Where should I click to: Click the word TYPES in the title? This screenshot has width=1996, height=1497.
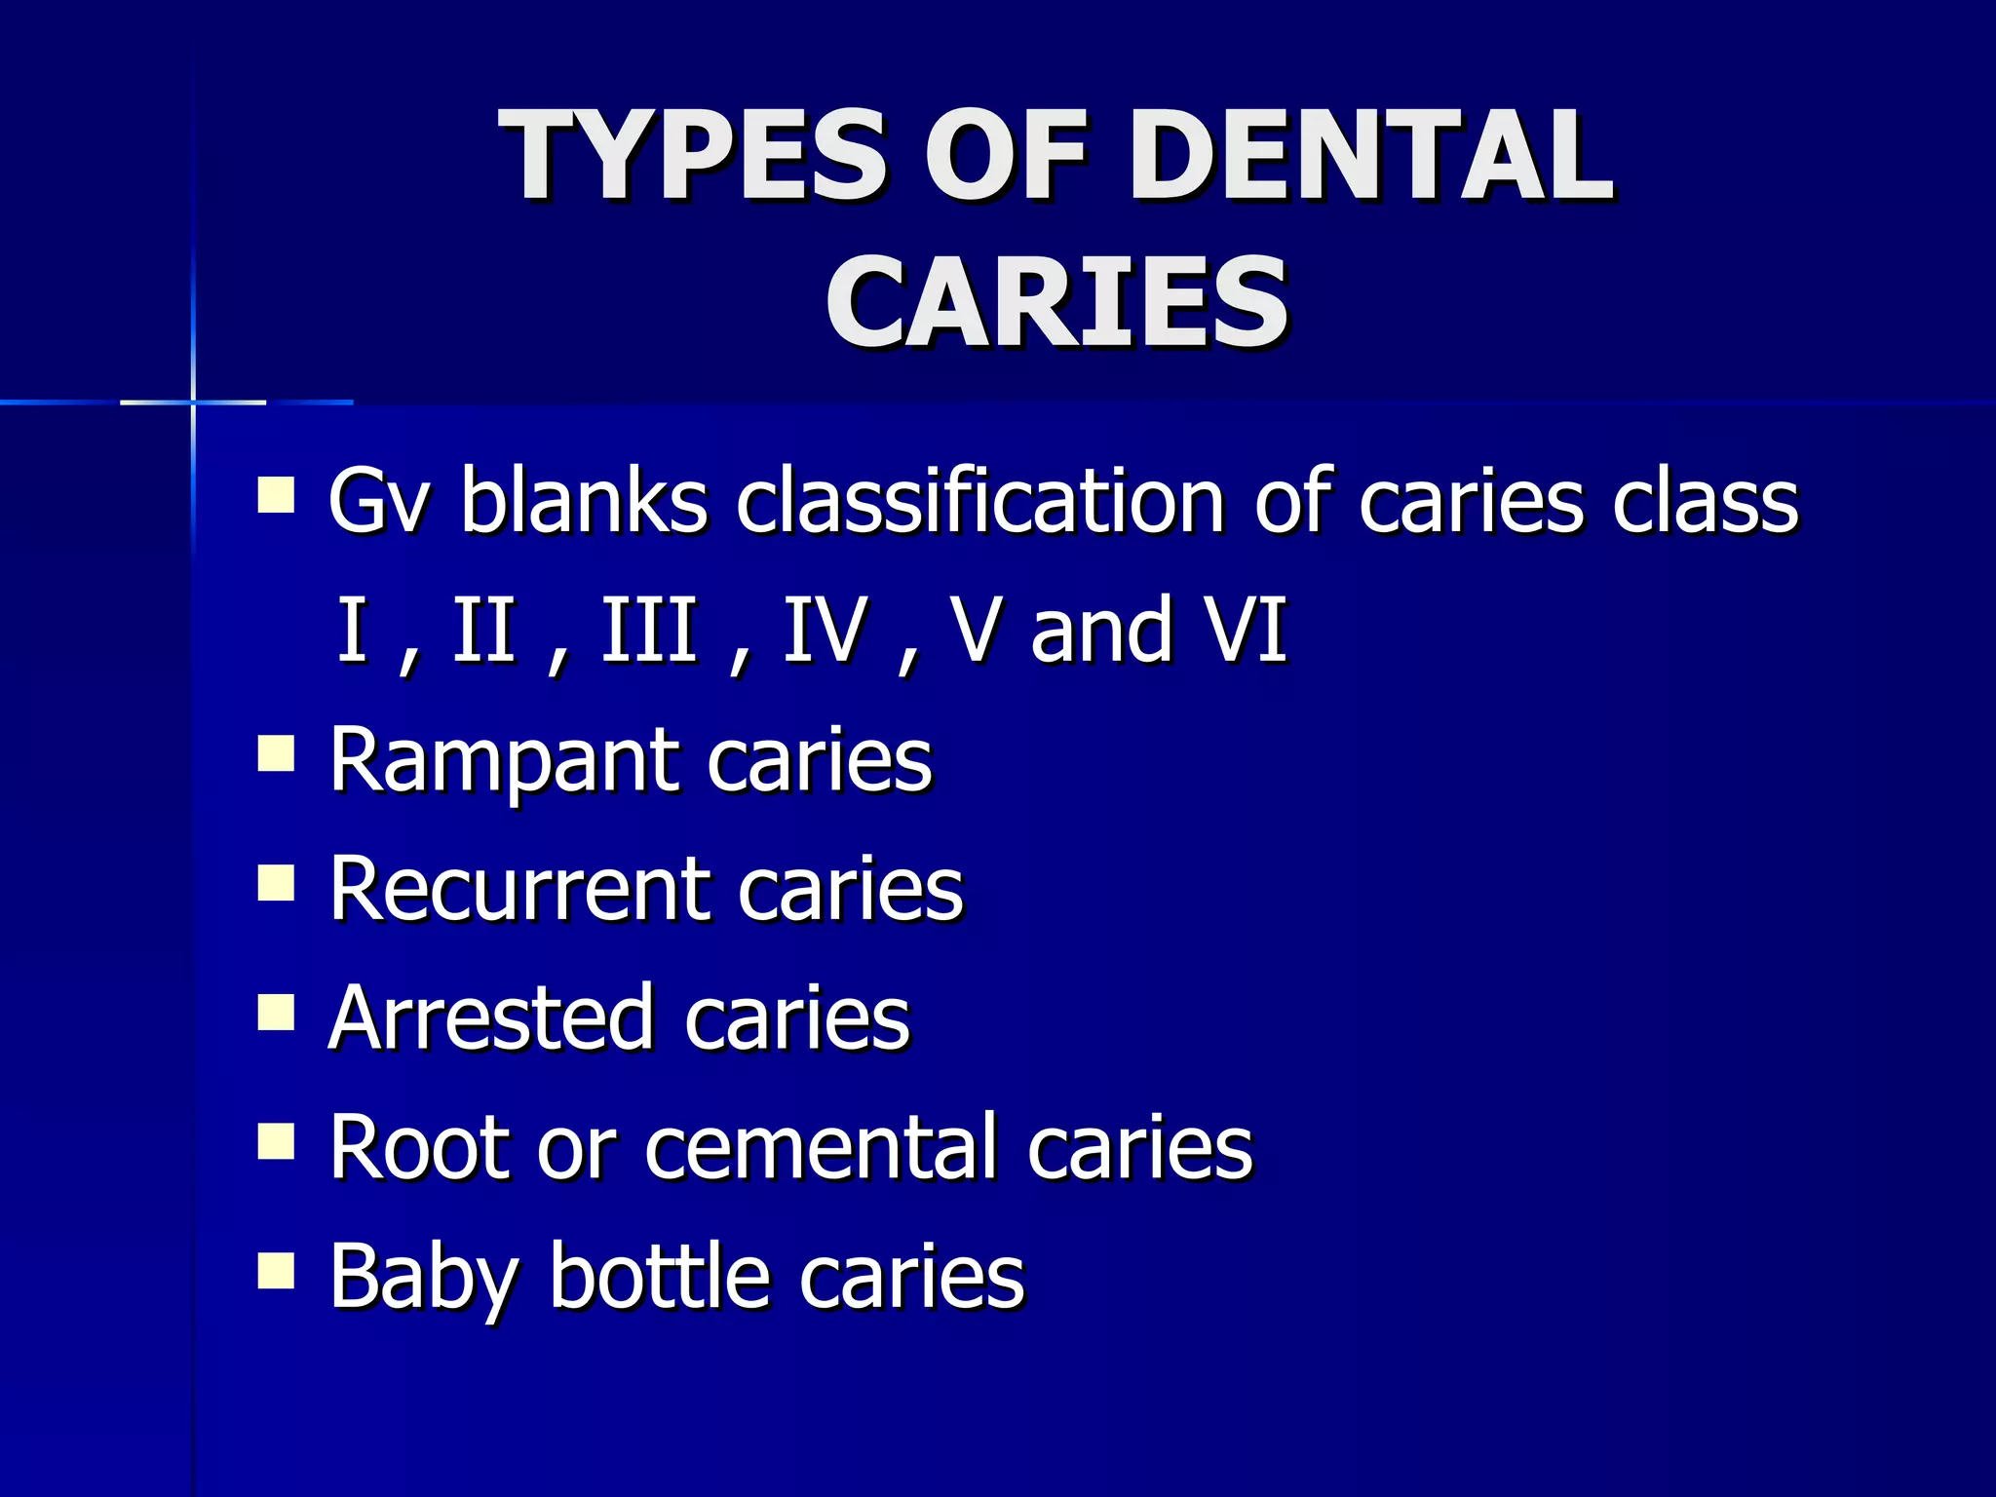coord(693,156)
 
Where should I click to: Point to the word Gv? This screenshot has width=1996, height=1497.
coord(377,501)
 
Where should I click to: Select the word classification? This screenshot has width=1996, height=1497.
coord(979,501)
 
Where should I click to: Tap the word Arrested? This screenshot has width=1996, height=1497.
coord(491,1017)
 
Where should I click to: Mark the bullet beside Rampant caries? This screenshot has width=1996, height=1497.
coord(276,752)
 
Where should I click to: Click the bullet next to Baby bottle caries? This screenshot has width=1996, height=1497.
coord(276,1270)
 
